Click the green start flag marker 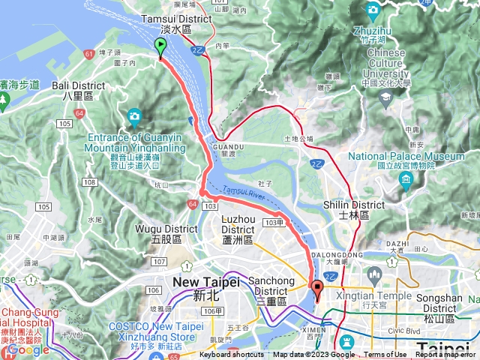160,47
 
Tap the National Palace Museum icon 406,180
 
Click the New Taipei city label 205,281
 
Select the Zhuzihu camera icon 373,10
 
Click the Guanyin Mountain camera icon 134,115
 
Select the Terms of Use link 385,355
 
